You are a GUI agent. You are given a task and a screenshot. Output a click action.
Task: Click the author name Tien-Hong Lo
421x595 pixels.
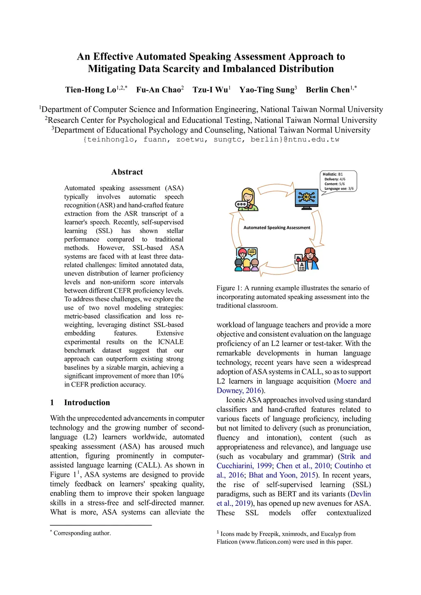coord(90,90)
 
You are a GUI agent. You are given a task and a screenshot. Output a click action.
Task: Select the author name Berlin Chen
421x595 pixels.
coord(328,90)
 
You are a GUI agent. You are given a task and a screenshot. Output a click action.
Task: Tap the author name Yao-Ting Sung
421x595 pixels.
coord(267,90)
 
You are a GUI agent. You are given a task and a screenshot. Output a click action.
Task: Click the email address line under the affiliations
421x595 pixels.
coord(211,140)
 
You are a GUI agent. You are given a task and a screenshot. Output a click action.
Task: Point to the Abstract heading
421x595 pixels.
coord(127,172)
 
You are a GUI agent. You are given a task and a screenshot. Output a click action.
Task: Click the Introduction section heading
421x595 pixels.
coord(87,403)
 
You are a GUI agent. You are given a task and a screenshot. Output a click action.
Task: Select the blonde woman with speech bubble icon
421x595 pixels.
coord(247,200)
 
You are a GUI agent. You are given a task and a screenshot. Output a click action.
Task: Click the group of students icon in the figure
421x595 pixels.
coord(246,259)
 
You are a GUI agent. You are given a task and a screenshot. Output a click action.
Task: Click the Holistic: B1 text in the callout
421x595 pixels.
coord(333,174)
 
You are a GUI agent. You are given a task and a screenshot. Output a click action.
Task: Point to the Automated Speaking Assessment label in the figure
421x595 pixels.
coord(277,228)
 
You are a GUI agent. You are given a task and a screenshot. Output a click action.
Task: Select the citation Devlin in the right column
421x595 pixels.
coord(361,494)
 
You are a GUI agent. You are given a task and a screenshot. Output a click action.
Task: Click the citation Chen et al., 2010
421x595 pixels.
coord(303,466)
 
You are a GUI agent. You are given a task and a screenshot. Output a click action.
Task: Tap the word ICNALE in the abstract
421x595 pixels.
coord(171,342)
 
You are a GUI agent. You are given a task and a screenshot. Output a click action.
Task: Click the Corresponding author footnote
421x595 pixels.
coord(82,533)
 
